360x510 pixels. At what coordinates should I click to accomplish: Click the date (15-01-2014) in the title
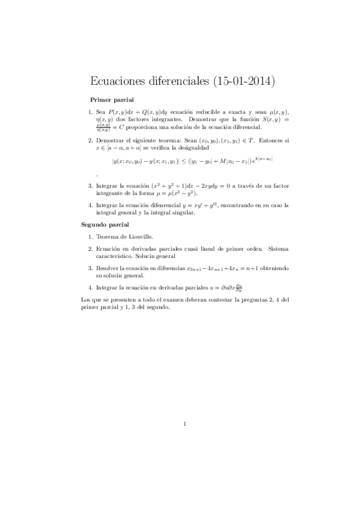click(x=243, y=81)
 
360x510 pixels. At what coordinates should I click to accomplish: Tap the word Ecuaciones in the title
click(x=120, y=81)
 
